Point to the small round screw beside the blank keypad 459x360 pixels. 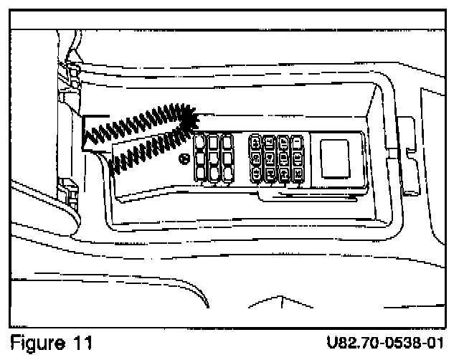pyautogui.click(x=185, y=158)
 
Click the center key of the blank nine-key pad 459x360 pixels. pyautogui.click(x=213, y=157)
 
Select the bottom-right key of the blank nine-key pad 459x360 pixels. pyautogui.click(x=227, y=173)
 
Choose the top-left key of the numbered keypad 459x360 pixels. pyautogui.click(x=255, y=142)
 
